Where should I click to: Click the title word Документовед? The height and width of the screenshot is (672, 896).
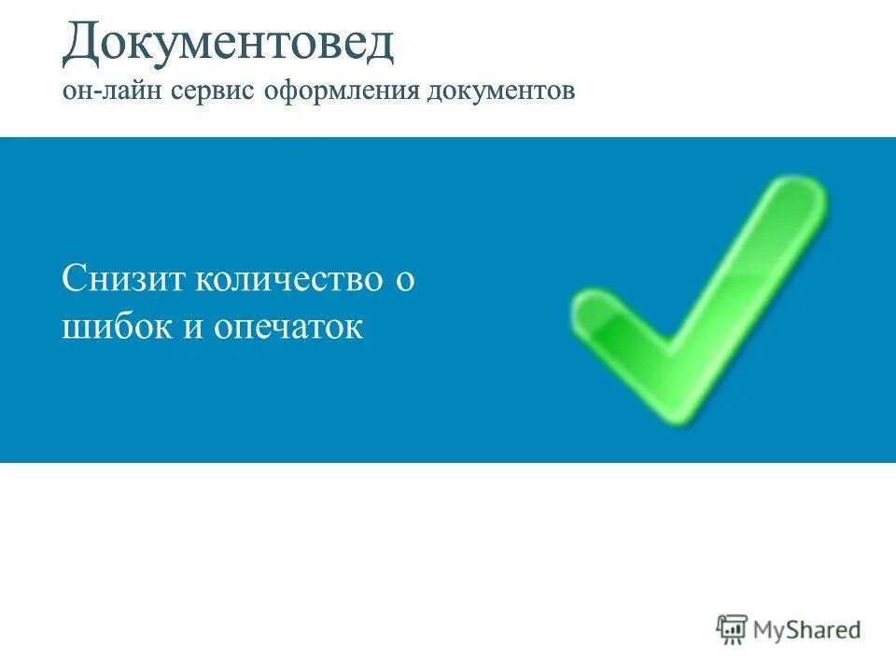coord(229,45)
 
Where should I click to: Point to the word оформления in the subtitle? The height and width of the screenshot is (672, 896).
coord(343,93)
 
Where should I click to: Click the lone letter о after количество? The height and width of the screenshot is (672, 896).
coord(404,281)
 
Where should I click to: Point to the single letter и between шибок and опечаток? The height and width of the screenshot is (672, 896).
coord(195,329)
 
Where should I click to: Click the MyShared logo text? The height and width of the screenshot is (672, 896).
coord(806,630)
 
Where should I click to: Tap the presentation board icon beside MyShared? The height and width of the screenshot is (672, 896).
coord(733,629)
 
